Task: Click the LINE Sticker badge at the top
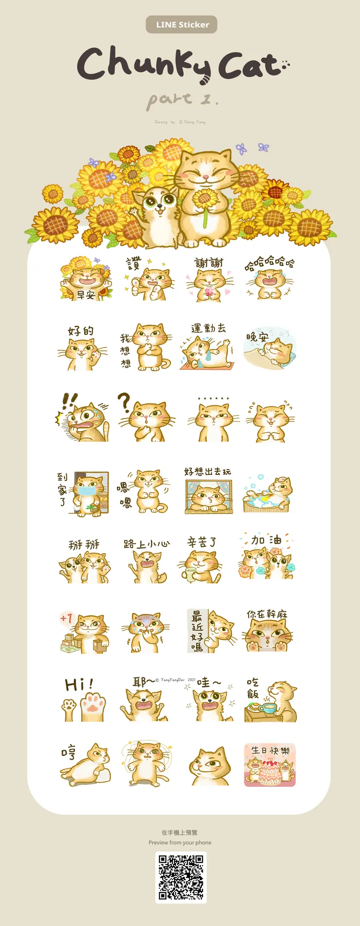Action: [x=181, y=25]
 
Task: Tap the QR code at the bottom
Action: [x=181, y=877]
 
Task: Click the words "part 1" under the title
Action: [x=182, y=99]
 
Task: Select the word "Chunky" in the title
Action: [x=144, y=64]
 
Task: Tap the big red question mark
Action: [x=125, y=403]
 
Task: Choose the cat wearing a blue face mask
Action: [x=87, y=490]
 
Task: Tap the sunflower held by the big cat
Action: [x=204, y=200]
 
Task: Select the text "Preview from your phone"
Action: [x=180, y=842]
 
